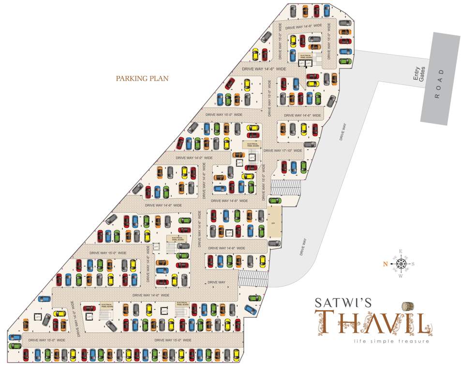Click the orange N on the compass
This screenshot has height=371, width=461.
click(386, 264)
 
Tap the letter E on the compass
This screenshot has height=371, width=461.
click(401, 251)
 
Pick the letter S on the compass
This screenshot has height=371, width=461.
click(413, 264)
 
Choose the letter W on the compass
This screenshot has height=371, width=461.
click(401, 276)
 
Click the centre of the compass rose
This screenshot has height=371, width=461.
click(401, 264)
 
